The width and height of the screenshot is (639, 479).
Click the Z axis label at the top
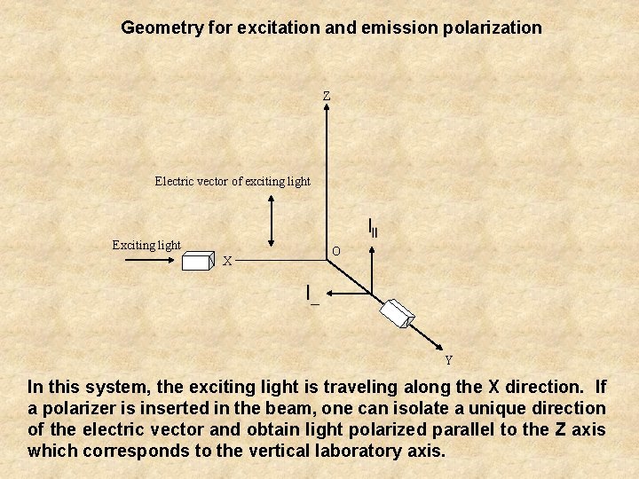(x=327, y=95)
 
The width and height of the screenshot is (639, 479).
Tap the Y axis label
(x=448, y=360)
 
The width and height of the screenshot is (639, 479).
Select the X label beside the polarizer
(x=228, y=261)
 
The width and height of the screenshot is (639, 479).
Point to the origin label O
(x=335, y=251)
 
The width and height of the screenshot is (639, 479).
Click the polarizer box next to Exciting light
(x=198, y=260)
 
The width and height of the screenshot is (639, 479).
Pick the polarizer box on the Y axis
(x=397, y=311)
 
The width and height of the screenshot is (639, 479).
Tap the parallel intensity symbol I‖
(x=373, y=228)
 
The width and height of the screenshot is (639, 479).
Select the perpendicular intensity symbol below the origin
(x=311, y=294)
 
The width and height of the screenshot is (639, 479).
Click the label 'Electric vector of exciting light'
(x=233, y=181)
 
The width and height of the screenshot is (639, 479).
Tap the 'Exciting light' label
(x=146, y=245)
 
